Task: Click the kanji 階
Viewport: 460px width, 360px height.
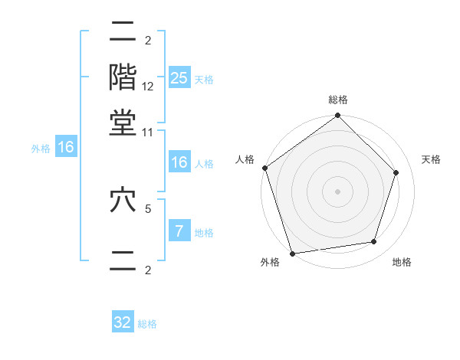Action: click(123, 77)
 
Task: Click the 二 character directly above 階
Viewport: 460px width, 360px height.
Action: click(123, 31)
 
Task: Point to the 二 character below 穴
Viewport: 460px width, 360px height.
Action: click(123, 260)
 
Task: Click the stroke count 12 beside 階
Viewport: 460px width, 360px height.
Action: click(148, 87)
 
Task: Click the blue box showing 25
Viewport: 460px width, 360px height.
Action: click(179, 78)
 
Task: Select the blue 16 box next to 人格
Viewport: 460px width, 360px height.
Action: click(179, 162)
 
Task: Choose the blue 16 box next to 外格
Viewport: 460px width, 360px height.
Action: click(66, 148)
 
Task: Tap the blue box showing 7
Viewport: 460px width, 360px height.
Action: click(179, 231)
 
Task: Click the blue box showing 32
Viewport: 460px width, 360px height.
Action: click(123, 322)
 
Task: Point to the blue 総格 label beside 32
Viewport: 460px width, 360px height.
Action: click(147, 324)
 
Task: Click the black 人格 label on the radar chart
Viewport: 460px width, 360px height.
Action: click(245, 159)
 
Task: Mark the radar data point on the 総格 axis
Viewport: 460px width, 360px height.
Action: click(337, 116)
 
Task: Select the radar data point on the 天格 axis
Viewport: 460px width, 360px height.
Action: click(396, 172)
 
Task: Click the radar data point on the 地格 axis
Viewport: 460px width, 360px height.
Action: click(374, 242)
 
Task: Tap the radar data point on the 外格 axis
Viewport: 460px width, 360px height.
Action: click(293, 253)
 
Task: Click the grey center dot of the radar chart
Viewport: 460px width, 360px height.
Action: click(337, 191)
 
